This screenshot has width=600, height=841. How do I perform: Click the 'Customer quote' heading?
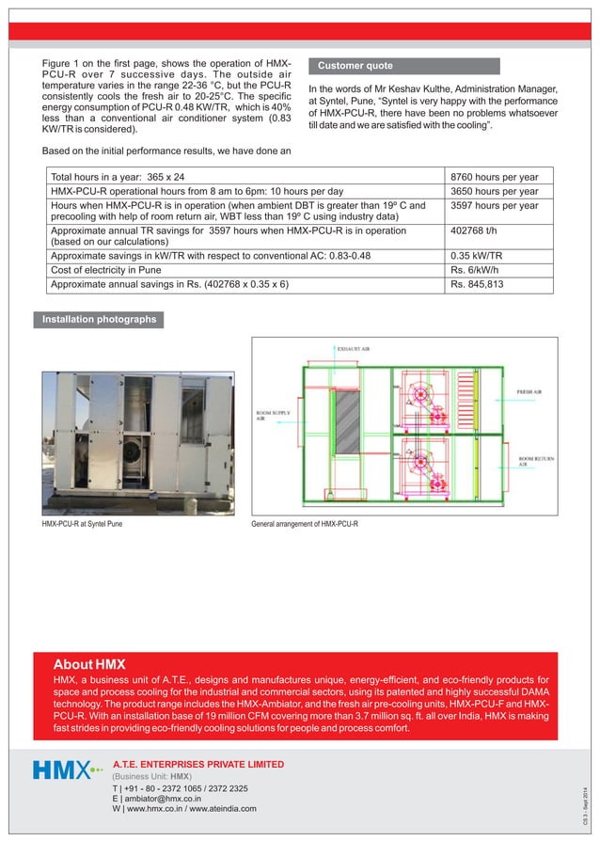point(355,66)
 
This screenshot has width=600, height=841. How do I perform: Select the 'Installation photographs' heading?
point(98,320)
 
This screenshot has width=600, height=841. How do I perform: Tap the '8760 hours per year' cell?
point(494,176)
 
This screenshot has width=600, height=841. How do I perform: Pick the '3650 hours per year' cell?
point(494,190)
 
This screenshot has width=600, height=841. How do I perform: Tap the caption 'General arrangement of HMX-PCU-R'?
point(305,524)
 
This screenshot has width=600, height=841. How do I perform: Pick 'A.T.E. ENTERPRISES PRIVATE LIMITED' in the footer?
point(197,763)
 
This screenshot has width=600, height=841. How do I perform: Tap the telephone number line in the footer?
point(180,787)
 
